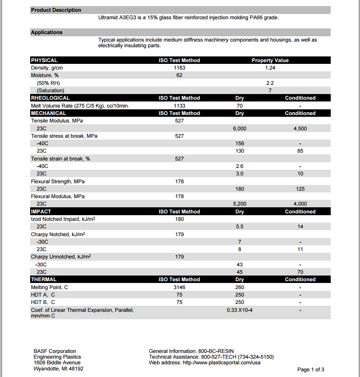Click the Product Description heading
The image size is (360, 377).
click(56, 10)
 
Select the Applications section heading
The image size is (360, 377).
click(47, 32)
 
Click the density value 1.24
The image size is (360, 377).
click(270, 68)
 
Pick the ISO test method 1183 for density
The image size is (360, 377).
click(179, 68)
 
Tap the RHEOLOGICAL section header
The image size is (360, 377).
click(50, 98)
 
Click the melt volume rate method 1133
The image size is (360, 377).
click(179, 106)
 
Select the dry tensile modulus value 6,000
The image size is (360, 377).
click(239, 129)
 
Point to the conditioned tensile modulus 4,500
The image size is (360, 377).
click(300, 129)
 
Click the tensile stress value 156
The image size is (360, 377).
click(239, 143)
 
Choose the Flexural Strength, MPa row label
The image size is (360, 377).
click(58, 182)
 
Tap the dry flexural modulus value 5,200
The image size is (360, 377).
click(239, 204)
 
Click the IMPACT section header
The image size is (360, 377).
click(41, 212)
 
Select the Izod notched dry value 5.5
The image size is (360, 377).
click(239, 227)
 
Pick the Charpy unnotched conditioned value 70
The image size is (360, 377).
click(300, 272)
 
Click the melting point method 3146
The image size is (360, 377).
click(179, 287)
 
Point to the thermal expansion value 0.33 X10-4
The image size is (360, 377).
click(239, 310)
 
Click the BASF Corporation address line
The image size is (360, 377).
click(55, 351)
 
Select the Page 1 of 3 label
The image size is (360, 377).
click(311, 370)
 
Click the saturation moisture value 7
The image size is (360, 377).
click(270, 91)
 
